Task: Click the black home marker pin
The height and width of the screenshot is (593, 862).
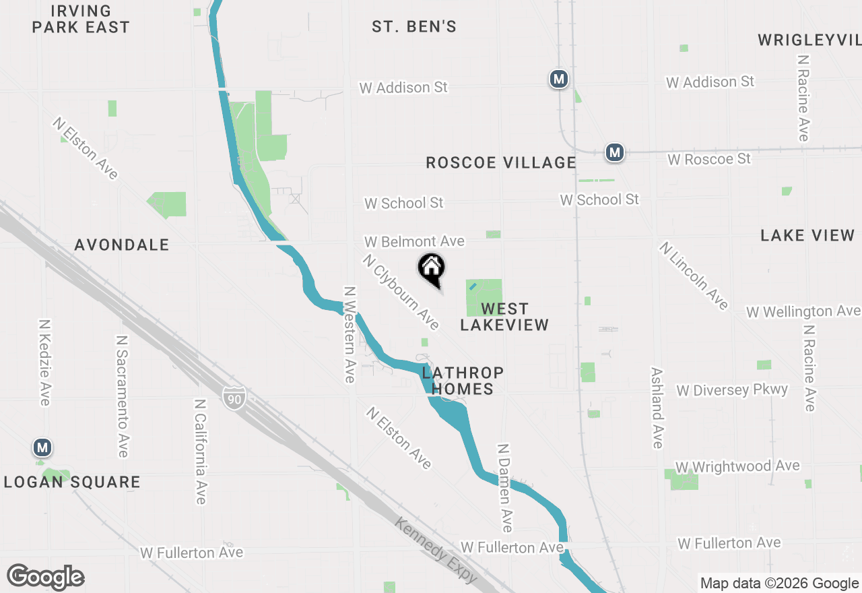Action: [432, 268]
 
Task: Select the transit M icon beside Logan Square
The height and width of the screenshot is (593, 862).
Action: [42, 447]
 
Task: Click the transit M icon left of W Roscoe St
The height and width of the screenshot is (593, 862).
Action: [614, 153]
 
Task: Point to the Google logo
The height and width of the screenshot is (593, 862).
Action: [45, 578]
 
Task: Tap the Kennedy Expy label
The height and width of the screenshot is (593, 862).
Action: [436, 551]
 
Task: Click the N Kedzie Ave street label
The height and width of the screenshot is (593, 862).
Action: [44, 363]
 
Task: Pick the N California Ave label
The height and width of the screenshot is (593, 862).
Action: [200, 451]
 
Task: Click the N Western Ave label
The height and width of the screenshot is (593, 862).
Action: [350, 334]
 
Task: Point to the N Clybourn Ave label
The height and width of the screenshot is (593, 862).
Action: [401, 292]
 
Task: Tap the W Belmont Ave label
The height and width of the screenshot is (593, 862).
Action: [414, 241]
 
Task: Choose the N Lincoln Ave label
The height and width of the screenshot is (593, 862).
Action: [694, 276]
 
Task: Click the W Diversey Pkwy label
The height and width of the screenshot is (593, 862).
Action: [732, 390]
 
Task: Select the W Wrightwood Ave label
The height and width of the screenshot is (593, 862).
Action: [737, 466]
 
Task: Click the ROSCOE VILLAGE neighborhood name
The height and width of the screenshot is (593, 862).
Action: [501, 163]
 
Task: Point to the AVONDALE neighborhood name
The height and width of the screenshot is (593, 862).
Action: [122, 245]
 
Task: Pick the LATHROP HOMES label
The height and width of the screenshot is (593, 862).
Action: [463, 381]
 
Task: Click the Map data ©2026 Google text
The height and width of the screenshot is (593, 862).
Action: [778, 584]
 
